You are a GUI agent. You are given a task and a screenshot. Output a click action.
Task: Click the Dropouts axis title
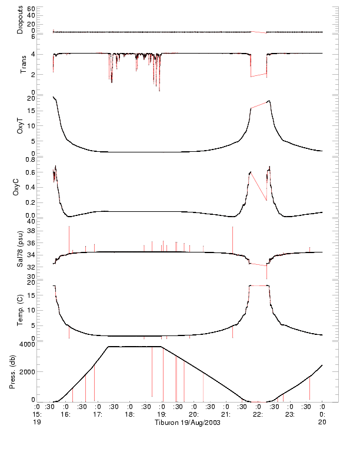tap(20, 20)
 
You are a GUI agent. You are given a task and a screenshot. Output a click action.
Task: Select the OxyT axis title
tap(20, 125)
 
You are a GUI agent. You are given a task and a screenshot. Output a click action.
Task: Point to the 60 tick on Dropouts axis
tap(31, 9)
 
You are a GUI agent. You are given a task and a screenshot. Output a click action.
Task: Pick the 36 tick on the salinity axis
tap(31, 243)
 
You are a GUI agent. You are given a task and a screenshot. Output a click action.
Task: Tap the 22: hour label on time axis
tap(257, 414)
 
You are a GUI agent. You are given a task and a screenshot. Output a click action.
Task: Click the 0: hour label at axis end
tap(322, 414)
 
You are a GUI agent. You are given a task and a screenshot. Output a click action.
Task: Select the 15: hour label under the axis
tap(37, 414)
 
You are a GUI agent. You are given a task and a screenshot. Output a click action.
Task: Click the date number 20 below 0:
tap(322, 423)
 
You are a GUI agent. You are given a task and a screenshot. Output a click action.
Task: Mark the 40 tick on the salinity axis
tap(31, 221)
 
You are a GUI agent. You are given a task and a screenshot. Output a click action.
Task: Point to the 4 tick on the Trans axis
tap(33, 54)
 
